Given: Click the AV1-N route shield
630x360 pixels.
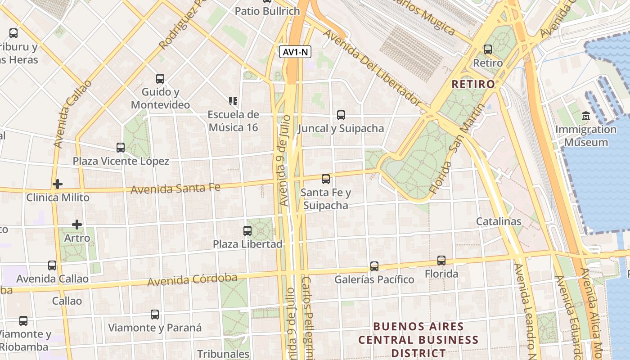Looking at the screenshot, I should point(296,52).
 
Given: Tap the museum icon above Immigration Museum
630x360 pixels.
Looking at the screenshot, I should point(586,116).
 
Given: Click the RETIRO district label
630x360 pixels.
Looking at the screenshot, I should point(473,84).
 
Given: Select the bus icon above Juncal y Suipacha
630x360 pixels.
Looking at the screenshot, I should point(341,115).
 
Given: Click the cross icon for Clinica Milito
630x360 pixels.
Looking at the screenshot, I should point(57,184).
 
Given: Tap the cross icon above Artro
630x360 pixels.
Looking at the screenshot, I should point(77,224).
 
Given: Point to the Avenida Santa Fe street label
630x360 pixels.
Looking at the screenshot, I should point(175,188).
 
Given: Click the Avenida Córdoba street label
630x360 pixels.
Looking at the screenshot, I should point(192,279).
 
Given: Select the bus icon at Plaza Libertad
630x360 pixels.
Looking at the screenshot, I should point(247,231).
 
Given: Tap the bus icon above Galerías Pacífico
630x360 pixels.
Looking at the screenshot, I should point(374,266).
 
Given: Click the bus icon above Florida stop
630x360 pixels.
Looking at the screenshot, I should point(441,261).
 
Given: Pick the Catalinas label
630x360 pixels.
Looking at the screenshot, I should point(499,221).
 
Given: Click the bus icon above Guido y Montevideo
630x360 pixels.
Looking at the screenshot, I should point(160,79).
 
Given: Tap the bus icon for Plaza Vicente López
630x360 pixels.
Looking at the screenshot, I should point(121,148).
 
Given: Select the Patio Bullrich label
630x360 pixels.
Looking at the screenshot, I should point(267,11).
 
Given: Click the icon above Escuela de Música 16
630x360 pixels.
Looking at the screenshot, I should point(233,101).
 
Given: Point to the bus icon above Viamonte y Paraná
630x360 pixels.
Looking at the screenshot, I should point(155,315).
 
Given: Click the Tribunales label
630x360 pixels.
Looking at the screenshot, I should point(223,354).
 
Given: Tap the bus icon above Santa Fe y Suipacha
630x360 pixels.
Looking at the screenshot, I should point(326,179).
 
